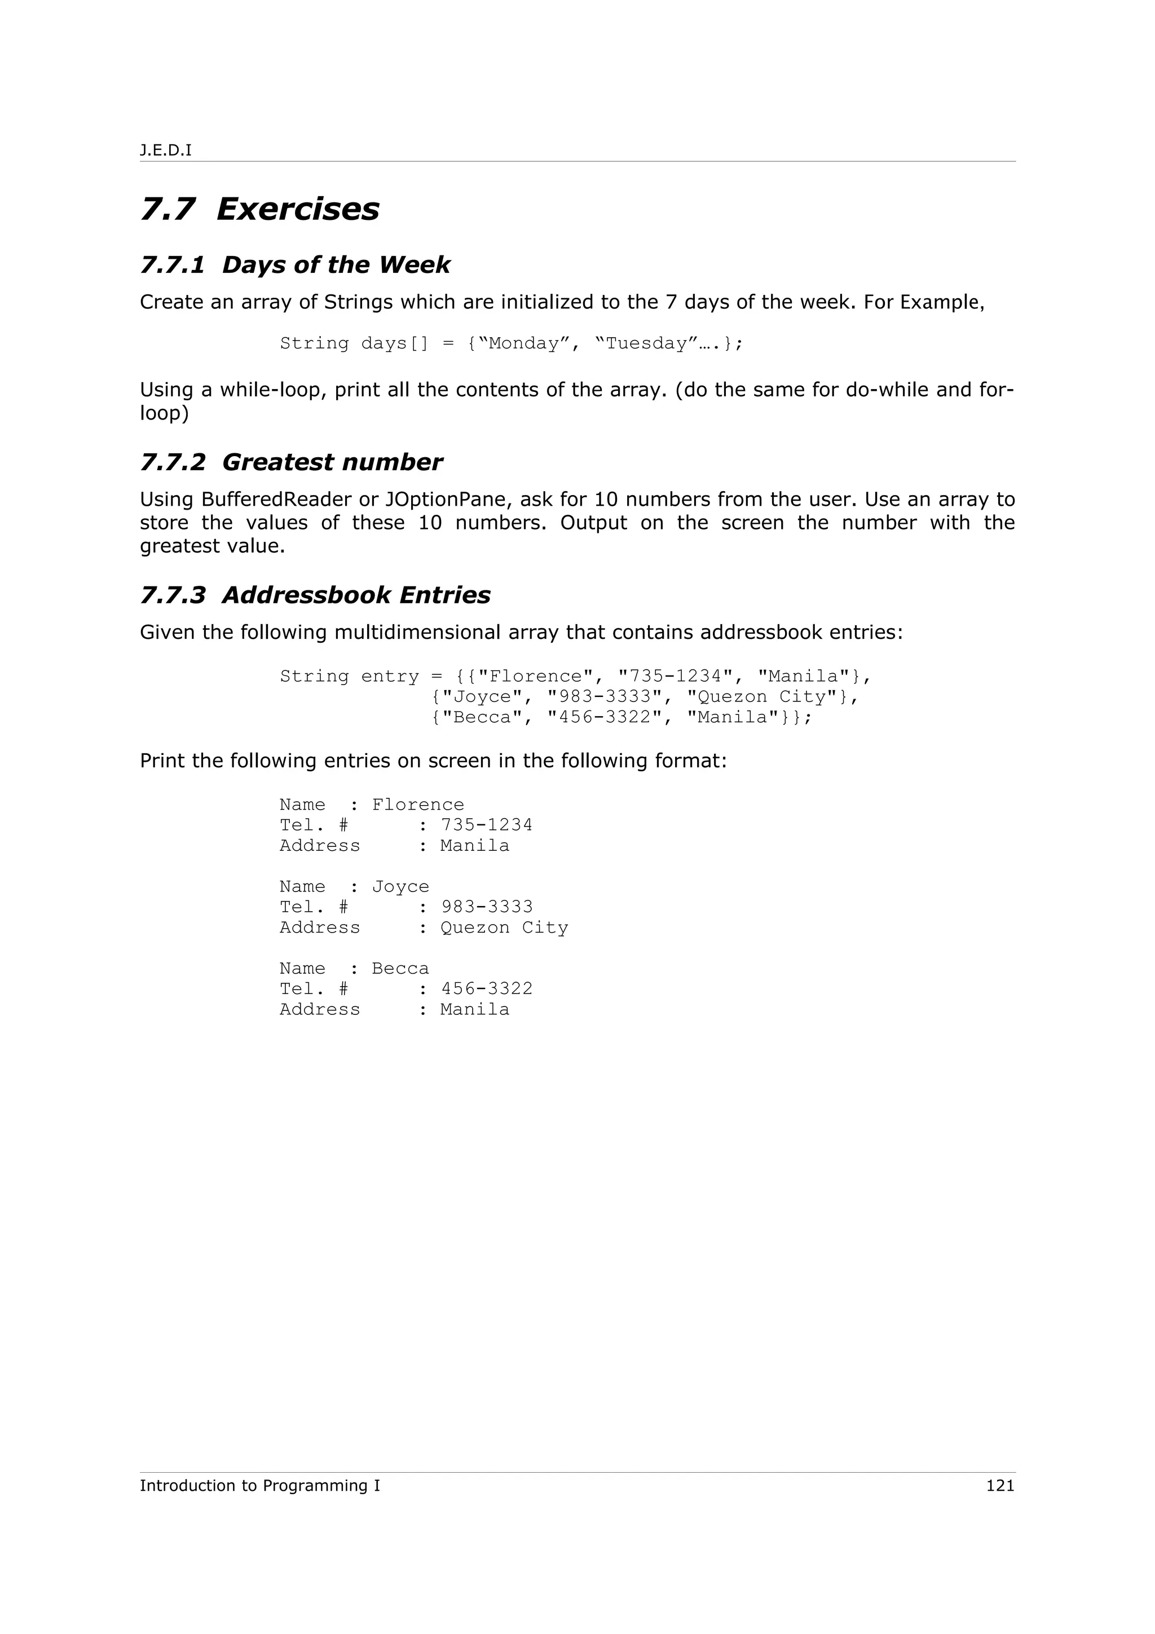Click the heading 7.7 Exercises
(x=260, y=209)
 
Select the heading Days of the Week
(x=336, y=265)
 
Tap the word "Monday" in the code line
(x=524, y=344)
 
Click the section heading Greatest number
(x=332, y=462)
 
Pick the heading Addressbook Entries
(x=356, y=595)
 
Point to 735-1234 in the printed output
(x=487, y=825)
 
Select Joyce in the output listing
(x=400, y=887)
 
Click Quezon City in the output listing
(x=504, y=928)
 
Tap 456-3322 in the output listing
(x=487, y=989)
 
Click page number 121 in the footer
(x=1000, y=1485)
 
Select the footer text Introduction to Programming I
(x=260, y=1485)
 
